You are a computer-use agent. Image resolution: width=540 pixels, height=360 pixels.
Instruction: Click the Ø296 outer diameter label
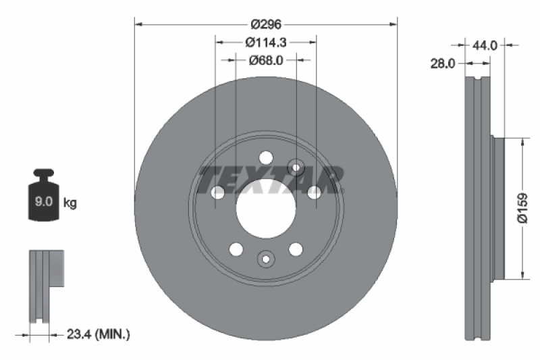pos(266,24)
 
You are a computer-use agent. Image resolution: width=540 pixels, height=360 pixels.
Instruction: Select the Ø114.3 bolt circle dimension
pos(266,42)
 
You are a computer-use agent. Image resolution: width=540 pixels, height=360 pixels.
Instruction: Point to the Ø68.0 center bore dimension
pos(265,60)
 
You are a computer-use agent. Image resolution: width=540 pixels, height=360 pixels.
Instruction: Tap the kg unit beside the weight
pos(69,202)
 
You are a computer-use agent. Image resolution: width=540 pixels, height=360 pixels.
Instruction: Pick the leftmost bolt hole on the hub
pos(218,193)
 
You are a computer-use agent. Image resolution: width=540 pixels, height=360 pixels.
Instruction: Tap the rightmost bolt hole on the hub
pos(314,193)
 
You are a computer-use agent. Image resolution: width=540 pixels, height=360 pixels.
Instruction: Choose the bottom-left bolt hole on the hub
pos(236,249)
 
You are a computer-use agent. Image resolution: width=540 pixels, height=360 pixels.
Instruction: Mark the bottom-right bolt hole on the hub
pos(296,249)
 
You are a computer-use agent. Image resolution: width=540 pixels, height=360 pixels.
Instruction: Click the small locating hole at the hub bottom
pos(266,258)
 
